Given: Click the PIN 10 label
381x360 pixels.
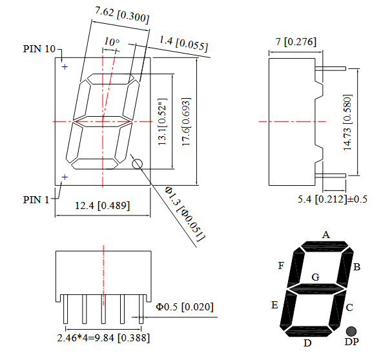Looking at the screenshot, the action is point(39,49).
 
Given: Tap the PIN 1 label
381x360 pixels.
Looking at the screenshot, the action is point(36,200).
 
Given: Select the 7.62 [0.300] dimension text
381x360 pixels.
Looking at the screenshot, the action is point(122,15).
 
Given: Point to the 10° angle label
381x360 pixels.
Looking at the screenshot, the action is point(112,41).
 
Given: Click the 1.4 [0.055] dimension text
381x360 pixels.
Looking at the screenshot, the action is point(183,43).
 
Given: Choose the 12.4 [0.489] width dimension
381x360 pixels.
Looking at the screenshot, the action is point(102,206).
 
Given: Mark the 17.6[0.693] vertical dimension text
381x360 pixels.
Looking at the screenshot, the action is point(187,122).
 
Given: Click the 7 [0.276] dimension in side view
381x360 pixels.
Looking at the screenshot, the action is point(296,42).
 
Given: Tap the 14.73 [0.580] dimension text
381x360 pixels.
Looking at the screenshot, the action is point(347,123).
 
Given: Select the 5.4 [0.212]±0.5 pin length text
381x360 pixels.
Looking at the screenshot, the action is point(333,199).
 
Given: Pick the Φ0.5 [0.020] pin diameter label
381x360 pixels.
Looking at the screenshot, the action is point(185,307).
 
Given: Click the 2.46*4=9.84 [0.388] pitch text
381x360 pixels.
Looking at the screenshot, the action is point(103,337).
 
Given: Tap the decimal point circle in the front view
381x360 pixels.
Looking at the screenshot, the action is point(138,164).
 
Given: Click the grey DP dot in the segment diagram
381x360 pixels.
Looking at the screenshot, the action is point(351,332).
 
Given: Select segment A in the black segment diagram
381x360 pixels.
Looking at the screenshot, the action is point(325,246).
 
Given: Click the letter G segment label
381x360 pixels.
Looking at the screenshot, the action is point(315,277).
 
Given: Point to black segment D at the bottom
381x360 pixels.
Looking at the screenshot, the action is point(309,332).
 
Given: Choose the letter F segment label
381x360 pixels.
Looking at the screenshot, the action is point(281,266).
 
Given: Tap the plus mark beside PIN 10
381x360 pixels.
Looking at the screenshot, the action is point(65,66).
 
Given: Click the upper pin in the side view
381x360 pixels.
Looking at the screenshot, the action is point(331,68).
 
